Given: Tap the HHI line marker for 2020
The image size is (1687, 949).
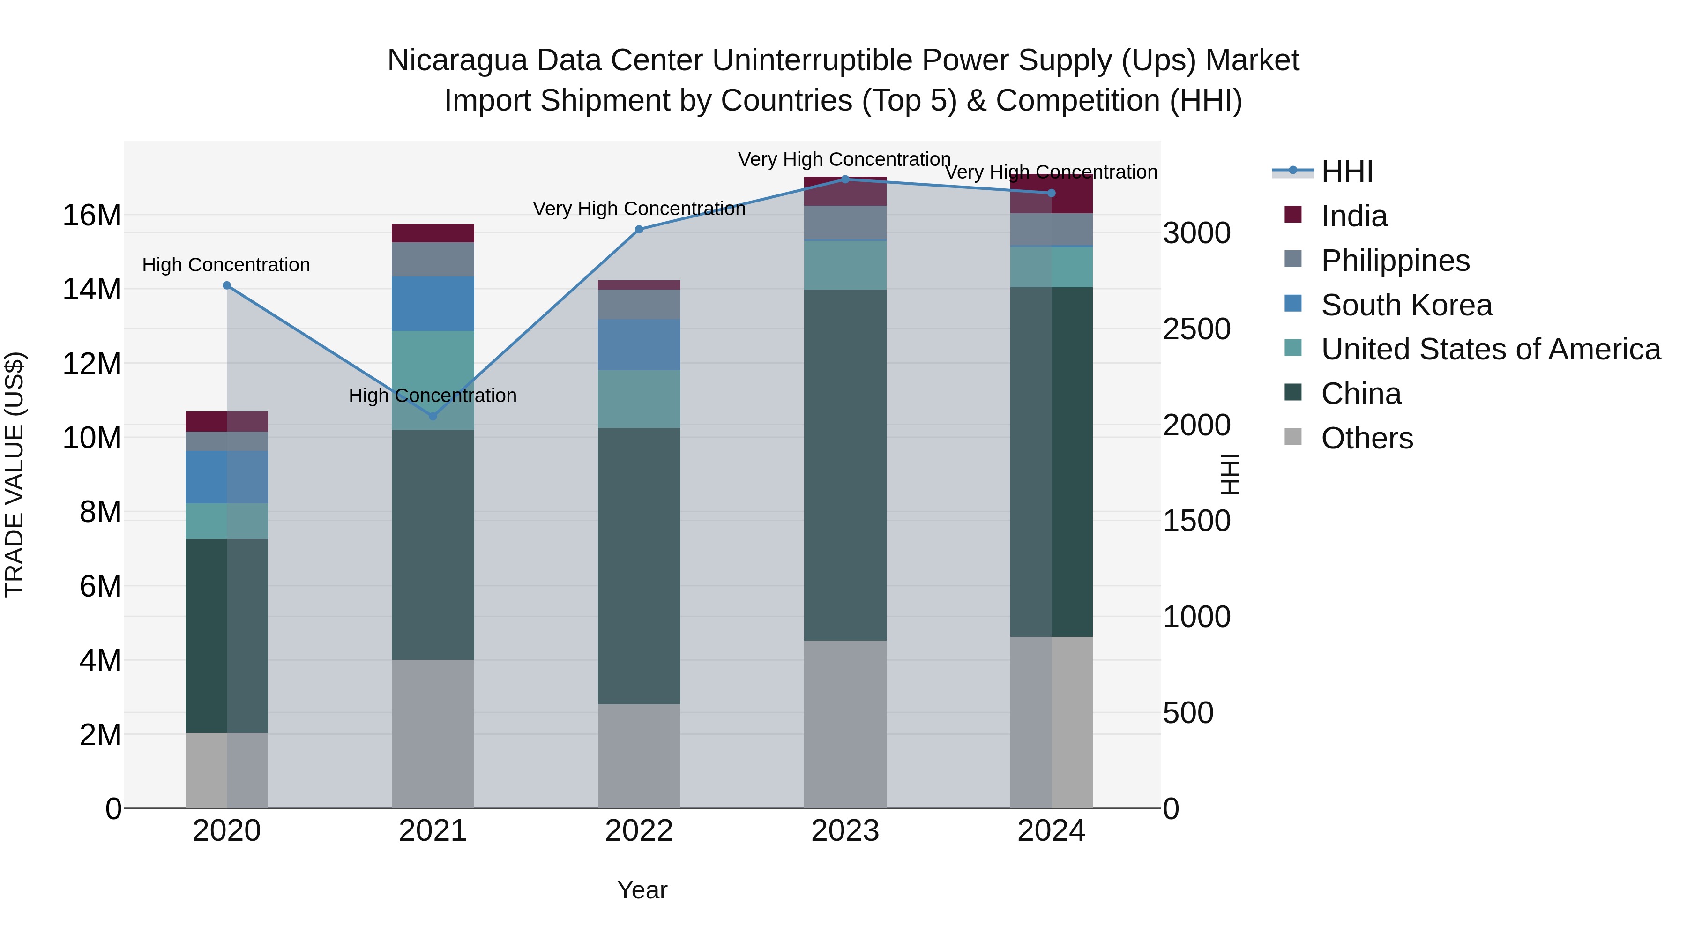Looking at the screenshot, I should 227,285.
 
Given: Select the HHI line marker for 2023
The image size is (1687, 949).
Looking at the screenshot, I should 845,179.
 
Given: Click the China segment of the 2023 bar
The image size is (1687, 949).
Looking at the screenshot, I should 845,465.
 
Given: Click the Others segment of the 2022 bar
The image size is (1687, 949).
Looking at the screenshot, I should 639,756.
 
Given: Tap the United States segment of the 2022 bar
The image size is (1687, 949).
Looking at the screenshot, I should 639,399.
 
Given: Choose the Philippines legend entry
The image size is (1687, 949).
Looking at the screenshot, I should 1395,261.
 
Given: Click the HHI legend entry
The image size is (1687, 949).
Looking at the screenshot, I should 1346,172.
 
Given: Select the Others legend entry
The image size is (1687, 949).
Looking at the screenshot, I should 1367,438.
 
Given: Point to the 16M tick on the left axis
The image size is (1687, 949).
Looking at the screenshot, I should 92,216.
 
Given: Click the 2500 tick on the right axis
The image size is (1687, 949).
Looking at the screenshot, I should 1196,329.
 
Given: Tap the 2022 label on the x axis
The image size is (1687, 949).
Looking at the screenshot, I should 639,831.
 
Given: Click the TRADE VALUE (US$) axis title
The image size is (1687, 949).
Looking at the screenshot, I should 15,474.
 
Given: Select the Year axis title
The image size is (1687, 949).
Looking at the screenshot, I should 642,890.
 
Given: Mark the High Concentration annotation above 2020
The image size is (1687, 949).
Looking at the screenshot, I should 226,265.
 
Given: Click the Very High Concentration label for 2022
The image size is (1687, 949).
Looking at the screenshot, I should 639,208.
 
